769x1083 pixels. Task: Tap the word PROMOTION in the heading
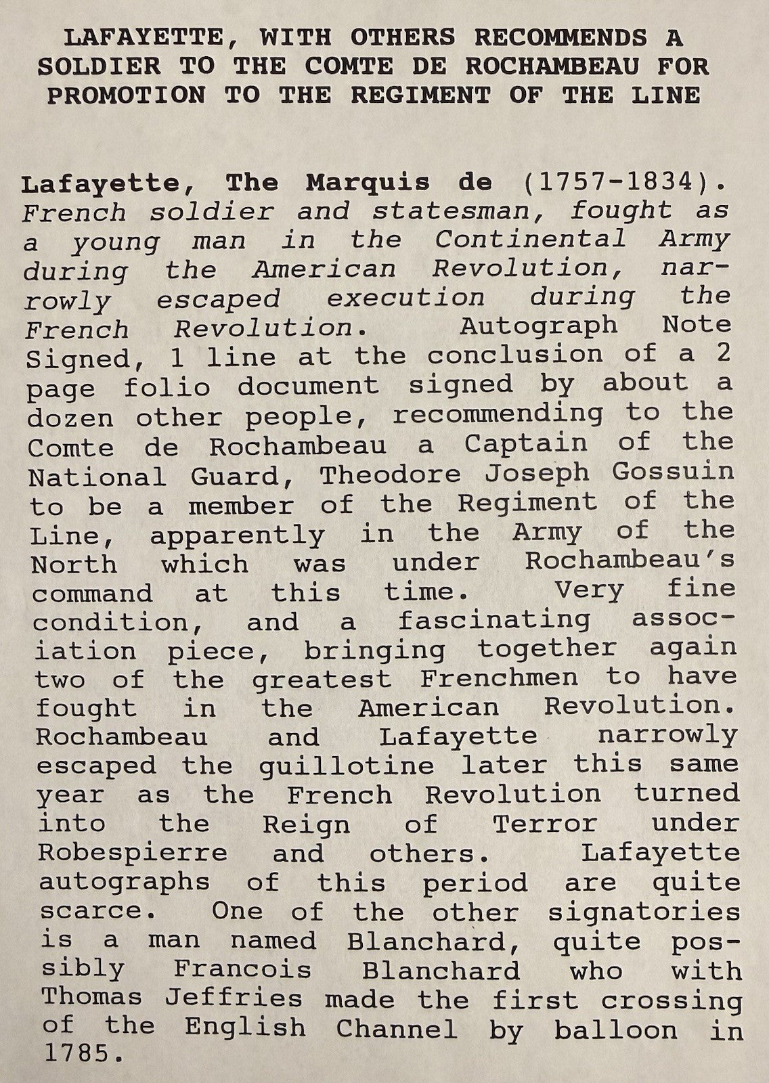pyautogui.click(x=125, y=95)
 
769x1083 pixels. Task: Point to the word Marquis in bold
pyautogui.click(x=368, y=183)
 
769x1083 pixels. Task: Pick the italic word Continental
pyautogui.click(x=531, y=240)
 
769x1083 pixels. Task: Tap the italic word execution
pyautogui.click(x=406, y=299)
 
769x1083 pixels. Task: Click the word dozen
pyautogui.click(x=70, y=418)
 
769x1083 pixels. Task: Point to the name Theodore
pyautogui.click(x=391, y=474)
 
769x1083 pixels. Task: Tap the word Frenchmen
pyautogui.click(x=500, y=678)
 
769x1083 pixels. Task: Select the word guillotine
pyautogui.click(x=346, y=766)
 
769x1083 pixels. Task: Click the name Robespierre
pyautogui.click(x=133, y=853)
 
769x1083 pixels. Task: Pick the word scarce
pyautogui.click(x=91, y=912)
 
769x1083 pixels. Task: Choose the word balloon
pyautogui.click(x=615, y=1030)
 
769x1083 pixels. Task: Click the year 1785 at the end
pyautogui.click(x=78, y=1055)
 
